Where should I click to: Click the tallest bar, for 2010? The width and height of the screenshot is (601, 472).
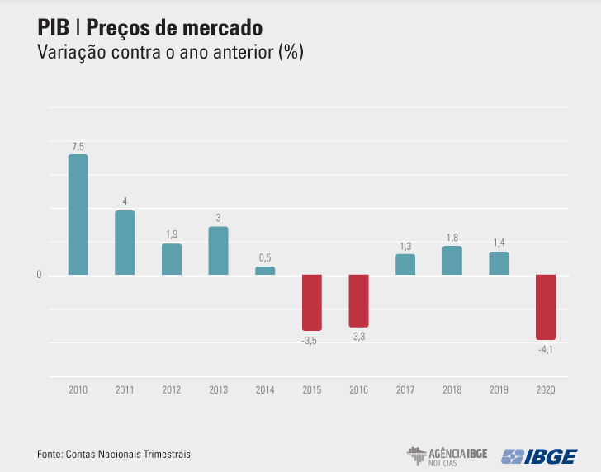pyautogui.click(x=78, y=215)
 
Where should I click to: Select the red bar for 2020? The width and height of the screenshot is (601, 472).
pyautogui.click(x=546, y=307)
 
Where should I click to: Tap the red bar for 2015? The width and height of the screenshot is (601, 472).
pyautogui.click(x=311, y=302)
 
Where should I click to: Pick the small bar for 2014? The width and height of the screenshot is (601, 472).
pyautogui.click(x=265, y=271)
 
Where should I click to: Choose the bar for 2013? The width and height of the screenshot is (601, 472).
pyautogui.click(x=218, y=251)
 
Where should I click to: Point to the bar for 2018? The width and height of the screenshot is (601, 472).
pyautogui.click(x=452, y=261)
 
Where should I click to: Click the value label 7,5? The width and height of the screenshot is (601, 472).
pyautogui.click(x=78, y=147)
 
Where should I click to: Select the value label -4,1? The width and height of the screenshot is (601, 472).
pyautogui.click(x=546, y=350)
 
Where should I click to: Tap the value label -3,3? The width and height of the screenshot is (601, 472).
pyautogui.click(x=358, y=337)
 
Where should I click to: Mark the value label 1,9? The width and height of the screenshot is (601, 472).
pyautogui.click(x=171, y=235)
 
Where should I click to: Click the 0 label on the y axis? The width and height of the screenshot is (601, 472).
pyautogui.click(x=39, y=276)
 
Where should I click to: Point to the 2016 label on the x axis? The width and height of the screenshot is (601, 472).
pyautogui.click(x=358, y=389)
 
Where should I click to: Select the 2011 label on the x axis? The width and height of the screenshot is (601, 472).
pyautogui.click(x=125, y=389)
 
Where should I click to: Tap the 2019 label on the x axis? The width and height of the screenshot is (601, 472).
pyautogui.click(x=499, y=389)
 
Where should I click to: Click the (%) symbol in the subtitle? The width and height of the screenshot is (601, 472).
pyautogui.click(x=291, y=53)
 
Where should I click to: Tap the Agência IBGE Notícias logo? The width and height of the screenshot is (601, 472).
pyautogui.click(x=447, y=455)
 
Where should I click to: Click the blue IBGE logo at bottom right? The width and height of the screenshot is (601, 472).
pyautogui.click(x=540, y=455)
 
